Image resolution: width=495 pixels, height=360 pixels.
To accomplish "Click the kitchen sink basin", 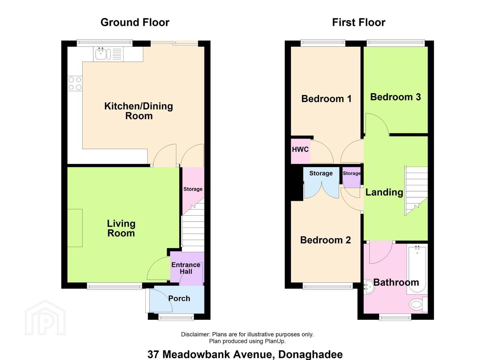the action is [101, 54].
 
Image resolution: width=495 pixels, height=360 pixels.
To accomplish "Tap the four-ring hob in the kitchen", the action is [75, 83].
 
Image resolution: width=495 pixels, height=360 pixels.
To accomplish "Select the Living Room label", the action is [121, 229].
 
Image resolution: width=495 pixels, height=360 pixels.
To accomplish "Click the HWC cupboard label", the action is [300, 150].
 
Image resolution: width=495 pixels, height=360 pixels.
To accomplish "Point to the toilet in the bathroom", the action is [418, 305].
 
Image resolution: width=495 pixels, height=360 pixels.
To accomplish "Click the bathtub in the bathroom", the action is [417, 269].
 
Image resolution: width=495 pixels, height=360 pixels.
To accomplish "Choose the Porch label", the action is [179, 299].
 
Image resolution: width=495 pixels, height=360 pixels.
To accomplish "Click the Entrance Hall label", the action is [186, 268].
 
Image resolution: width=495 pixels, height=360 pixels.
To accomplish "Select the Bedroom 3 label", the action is [395, 97].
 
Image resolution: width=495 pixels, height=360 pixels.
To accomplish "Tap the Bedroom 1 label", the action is [326, 99].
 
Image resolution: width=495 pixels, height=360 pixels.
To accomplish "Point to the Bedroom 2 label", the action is [325, 240].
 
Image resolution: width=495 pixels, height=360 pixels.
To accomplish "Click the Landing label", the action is [384, 192].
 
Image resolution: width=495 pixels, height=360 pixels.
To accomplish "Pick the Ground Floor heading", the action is [135, 23].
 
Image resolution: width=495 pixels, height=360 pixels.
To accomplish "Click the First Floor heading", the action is [359, 23].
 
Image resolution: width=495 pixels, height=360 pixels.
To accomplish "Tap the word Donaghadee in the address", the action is [310, 354].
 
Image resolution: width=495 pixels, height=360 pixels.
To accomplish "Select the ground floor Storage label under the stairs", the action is [193, 189].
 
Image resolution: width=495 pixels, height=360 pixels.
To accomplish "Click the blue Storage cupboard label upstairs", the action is [321, 173].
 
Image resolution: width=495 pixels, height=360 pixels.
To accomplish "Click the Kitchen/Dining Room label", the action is [139, 111].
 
